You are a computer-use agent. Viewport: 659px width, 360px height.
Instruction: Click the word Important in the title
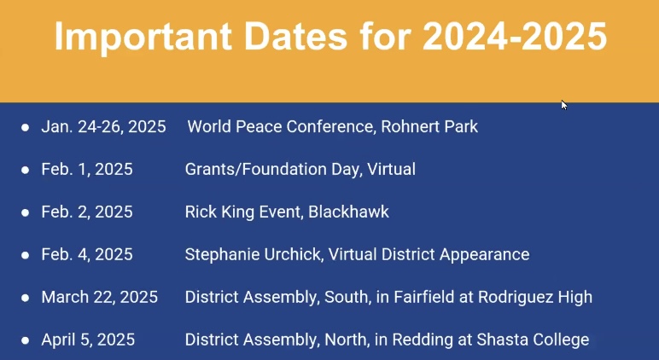click(143, 37)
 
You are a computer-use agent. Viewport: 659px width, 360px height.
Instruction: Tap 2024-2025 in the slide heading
click(515, 35)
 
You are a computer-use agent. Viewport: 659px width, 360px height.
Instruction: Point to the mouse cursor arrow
click(564, 105)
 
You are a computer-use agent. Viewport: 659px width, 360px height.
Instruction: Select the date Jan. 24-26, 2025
click(103, 127)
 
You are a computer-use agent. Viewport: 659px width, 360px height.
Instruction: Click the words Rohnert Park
click(429, 126)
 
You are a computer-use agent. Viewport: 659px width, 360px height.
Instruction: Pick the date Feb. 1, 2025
click(87, 169)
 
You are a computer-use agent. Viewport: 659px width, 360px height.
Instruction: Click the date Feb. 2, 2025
click(87, 212)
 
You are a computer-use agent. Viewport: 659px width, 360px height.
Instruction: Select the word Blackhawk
click(348, 212)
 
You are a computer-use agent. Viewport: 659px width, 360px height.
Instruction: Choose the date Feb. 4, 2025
click(87, 254)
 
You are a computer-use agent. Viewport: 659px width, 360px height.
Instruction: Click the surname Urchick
click(294, 254)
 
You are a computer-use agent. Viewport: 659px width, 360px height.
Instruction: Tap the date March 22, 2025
click(100, 298)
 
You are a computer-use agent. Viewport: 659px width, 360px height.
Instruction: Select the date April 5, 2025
click(88, 340)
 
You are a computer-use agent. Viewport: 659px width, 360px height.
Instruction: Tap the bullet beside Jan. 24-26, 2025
click(26, 127)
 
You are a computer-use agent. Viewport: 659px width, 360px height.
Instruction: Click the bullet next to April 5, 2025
click(26, 340)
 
